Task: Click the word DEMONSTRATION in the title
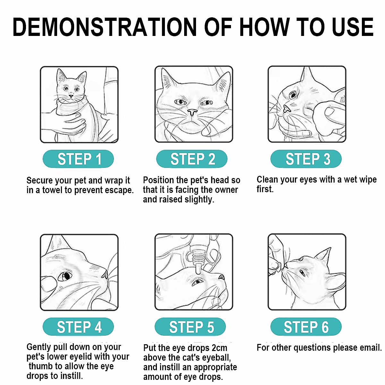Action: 105,27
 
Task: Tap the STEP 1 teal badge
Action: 78,159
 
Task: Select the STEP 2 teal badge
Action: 192,159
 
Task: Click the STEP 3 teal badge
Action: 306,159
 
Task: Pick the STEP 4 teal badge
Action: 78,327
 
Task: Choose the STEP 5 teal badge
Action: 190,327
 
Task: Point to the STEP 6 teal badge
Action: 306,327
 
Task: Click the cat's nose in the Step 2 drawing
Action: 192,112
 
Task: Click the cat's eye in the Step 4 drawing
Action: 65,276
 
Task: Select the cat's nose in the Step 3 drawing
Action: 287,109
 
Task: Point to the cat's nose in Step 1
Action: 71,97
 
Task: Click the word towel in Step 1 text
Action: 53,190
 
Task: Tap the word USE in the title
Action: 353,27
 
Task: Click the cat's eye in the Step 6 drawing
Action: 302,272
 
